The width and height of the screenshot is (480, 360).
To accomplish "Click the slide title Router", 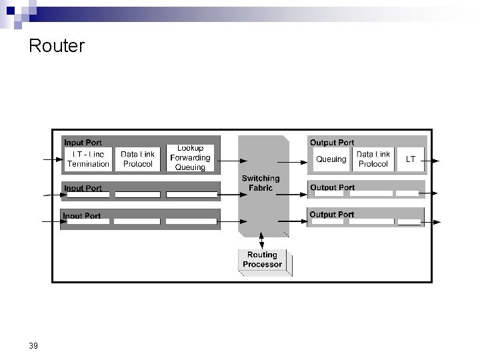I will point(57,47).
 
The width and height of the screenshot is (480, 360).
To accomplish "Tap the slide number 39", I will point(34,345).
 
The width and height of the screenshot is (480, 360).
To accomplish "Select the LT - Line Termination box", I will point(87,159).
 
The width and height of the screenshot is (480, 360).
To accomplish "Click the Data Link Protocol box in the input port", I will point(138,159).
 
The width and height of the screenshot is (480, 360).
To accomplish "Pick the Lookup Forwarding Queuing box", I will point(190,158).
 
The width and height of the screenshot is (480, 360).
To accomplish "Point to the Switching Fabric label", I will point(261,183).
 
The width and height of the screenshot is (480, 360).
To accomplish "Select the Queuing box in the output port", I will point(331,159).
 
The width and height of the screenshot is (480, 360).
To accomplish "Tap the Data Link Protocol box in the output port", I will point(373,159).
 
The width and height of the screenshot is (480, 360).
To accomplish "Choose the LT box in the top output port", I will point(411,159).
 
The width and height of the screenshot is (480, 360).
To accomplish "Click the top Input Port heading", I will point(83,143).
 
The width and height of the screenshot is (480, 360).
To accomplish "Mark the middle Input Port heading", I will point(83,188).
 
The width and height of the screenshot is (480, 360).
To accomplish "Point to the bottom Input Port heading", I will point(82,216).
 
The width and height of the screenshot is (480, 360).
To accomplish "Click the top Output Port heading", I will point(332,143).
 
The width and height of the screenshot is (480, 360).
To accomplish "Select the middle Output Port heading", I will point(332,187).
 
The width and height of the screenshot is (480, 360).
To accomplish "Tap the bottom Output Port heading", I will point(331,215).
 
